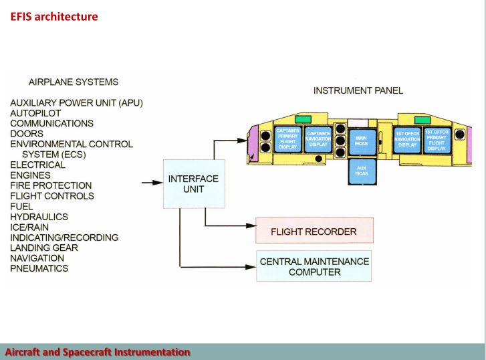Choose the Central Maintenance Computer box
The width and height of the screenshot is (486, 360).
coord(314,266)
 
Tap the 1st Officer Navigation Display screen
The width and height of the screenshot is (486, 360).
coord(406,140)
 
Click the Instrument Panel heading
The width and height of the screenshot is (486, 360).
coord(358,90)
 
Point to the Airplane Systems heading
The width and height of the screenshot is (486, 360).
coord(74,82)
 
